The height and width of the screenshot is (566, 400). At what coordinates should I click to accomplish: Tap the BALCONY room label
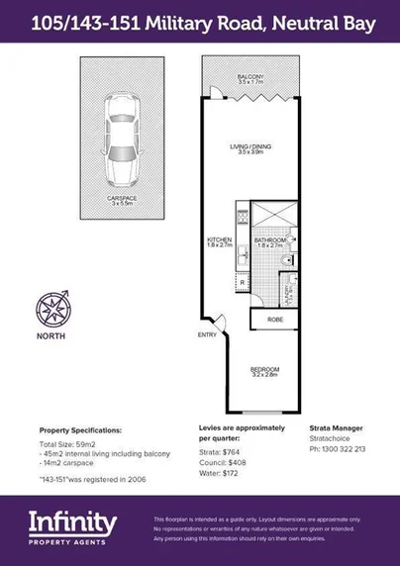click(250, 77)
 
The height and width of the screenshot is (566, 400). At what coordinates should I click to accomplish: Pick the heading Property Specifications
click(80, 430)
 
